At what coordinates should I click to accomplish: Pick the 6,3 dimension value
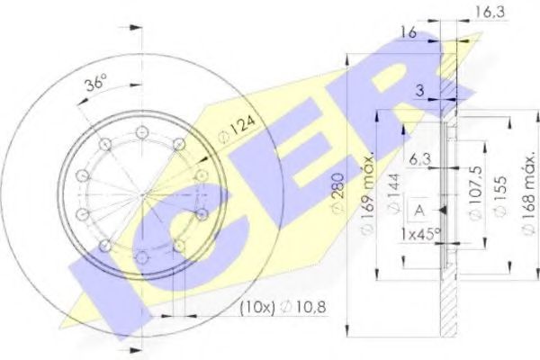[x=419, y=159]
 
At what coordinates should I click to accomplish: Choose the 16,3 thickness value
[x=487, y=13]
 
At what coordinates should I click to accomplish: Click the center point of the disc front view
[x=142, y=193]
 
